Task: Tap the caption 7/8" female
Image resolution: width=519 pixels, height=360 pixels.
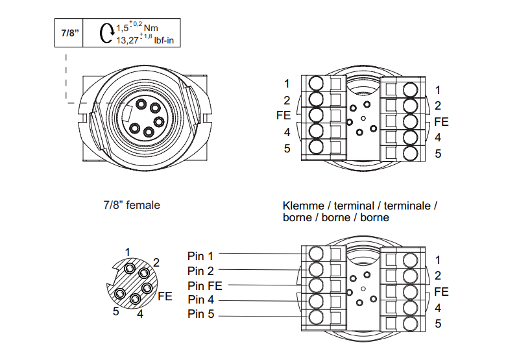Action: (132, 205)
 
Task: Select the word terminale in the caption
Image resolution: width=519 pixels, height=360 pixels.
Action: (409, 206)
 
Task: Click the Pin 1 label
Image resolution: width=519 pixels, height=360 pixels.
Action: (200, 256)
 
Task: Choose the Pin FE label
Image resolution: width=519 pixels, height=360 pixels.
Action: (204, 285)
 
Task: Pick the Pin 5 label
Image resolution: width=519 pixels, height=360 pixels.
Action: (200, 315)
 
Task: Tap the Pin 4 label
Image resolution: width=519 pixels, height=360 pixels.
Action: (200, 300)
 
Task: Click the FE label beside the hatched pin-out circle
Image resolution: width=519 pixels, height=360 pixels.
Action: (165, 296)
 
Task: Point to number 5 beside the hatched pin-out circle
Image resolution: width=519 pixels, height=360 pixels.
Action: (115, 311)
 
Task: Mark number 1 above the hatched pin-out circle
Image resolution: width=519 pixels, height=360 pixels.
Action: (128, 252)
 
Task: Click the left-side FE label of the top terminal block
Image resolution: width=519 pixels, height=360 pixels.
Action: (283, 115)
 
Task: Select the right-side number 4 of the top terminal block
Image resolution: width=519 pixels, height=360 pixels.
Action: (438, 138)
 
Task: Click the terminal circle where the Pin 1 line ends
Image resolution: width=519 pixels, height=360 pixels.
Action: (316, 254)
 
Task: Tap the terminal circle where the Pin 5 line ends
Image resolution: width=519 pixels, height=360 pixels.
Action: (316, 317)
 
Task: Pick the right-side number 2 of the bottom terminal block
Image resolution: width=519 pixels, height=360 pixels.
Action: (438, 276)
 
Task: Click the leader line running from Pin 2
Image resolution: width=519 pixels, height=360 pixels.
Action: (259, 270)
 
